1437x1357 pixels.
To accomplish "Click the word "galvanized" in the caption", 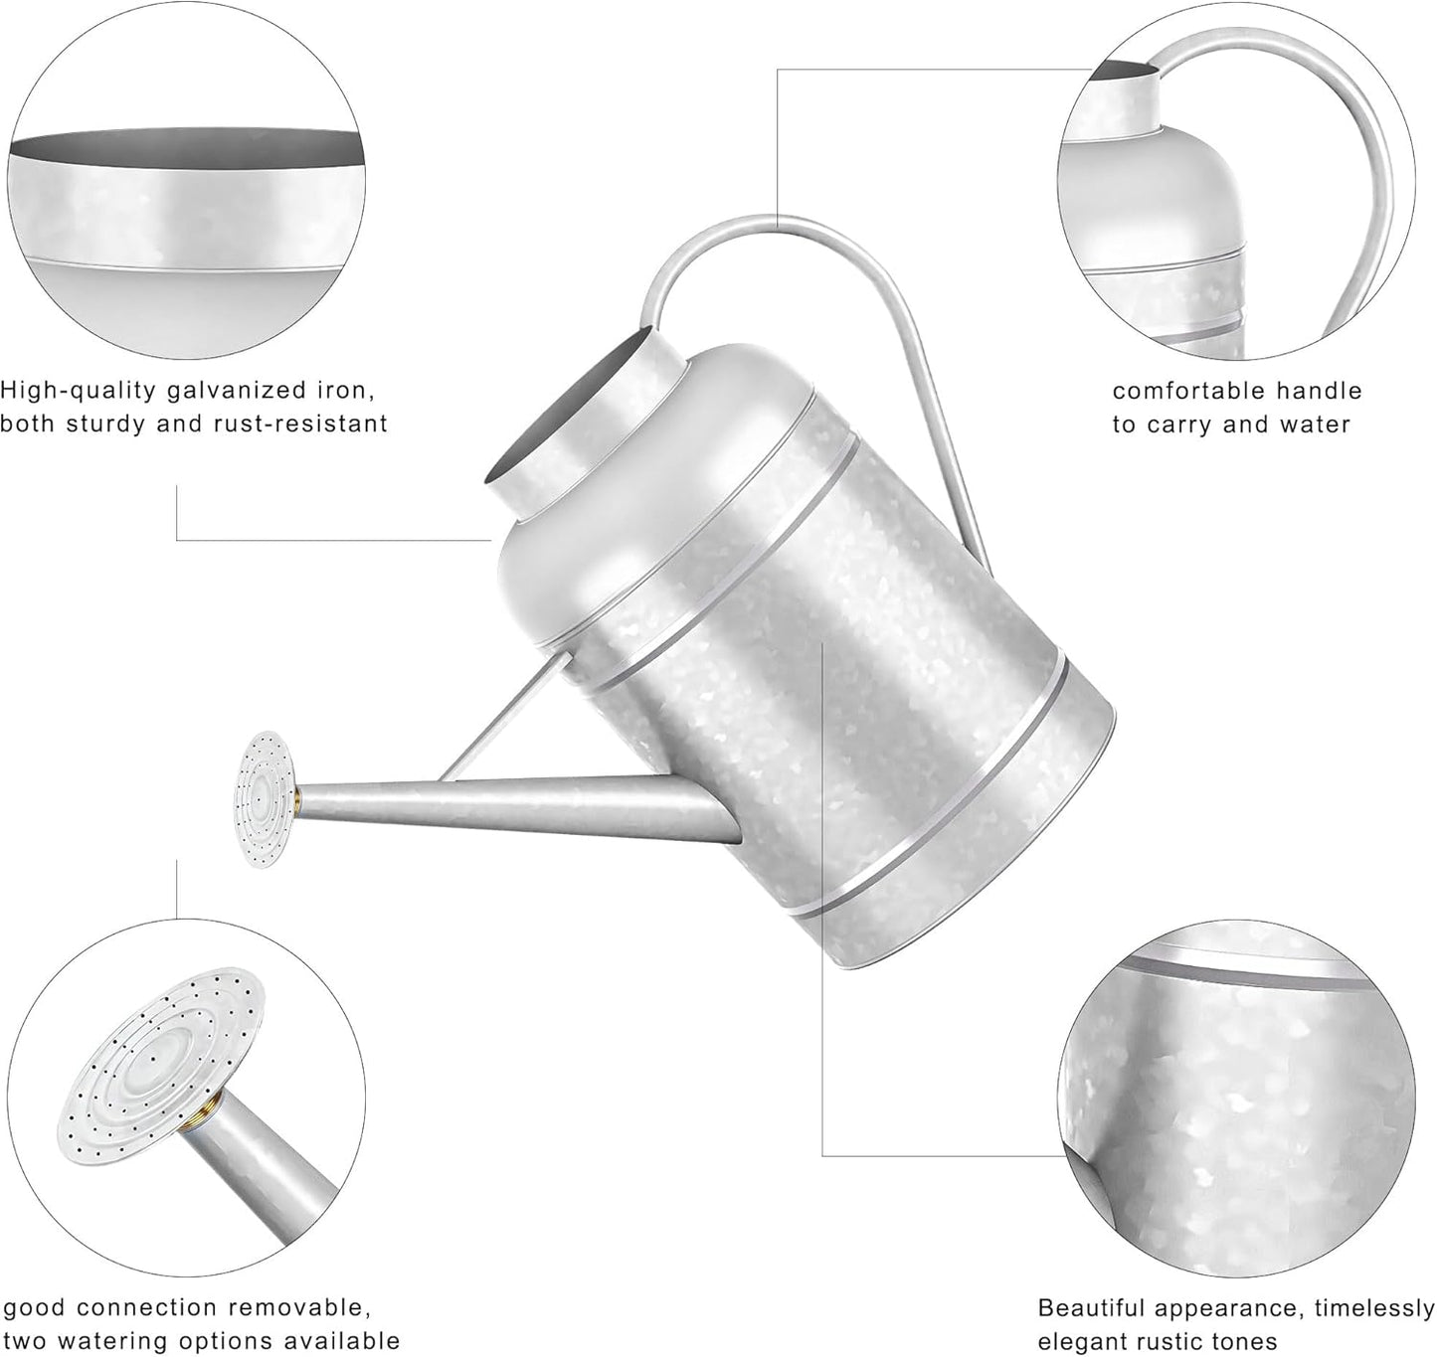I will [x=223, y=388].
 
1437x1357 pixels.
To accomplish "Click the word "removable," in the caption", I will [x=294, y=1307].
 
